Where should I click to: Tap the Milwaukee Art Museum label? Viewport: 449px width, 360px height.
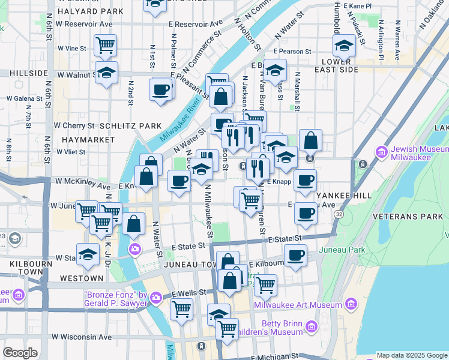[x=298, y=305]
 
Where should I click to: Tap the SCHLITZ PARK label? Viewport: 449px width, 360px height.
[x=131, y=126]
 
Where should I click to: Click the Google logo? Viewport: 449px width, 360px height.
[x=20, y=353]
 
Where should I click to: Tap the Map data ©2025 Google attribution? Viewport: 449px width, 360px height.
[x=411, y=355]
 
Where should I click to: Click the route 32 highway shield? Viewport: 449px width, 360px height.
[x=340, y=213]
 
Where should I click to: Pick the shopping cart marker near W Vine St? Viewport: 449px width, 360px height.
[x=105, y=44]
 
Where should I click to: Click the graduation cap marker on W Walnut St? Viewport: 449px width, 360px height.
[x=106, y=72]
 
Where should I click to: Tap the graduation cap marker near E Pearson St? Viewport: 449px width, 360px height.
[x=344, y=45]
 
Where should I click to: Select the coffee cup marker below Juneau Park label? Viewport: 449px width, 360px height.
[x=295, y=255]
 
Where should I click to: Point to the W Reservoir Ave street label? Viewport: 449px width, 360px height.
[x=85, y=24]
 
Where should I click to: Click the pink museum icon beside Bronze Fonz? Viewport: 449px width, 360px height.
[x=156, y=297]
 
